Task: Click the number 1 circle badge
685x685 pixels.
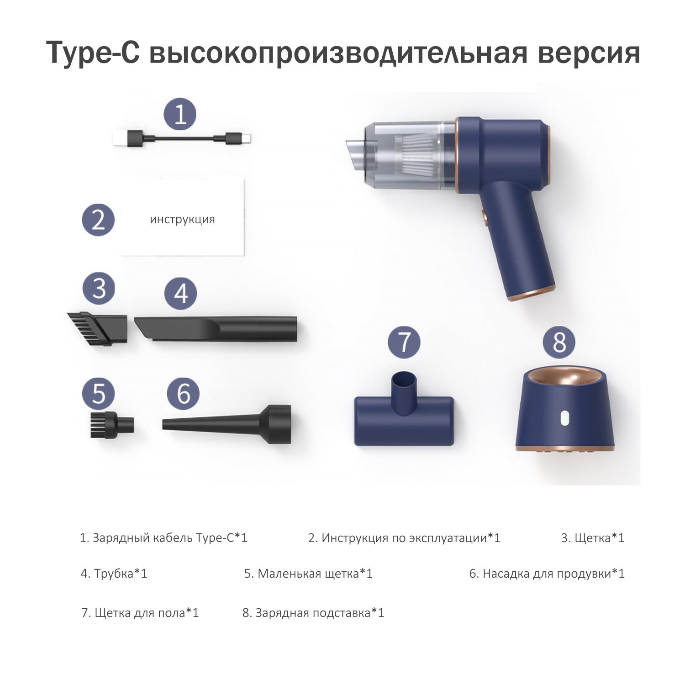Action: click(x=180, y=114)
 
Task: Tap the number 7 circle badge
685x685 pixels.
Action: click(x=404, y=342)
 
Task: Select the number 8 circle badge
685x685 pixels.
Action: click(x=559, y=342)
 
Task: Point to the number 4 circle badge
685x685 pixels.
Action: click(x=181, y=293)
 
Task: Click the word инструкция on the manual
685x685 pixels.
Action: click(x=182, y=219)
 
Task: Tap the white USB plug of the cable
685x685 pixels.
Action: click(x=121, y=138)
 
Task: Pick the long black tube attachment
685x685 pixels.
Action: click(x=216, y=329)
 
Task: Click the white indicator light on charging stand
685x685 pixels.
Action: click(x=564, y=419)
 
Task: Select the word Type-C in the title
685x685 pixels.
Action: click(x=93, y=54)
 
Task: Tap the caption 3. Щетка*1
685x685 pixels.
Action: click(x=592, y=538)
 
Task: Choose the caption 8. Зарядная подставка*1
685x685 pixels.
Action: click(x=313, y=613)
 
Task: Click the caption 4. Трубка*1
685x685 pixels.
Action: click(x=114, y=574)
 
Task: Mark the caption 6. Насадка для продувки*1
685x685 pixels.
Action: click(x=547, y=574)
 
